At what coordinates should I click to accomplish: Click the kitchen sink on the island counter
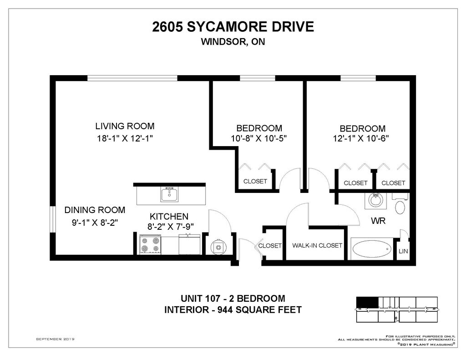click(170, 194)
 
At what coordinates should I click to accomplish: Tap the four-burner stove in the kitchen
click(150, 244)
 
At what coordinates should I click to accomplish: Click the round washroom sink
click(375, 201)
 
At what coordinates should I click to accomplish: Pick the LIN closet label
click(403, 251)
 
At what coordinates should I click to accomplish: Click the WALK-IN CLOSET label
click(317, 246)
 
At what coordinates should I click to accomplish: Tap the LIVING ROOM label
click(125, 126)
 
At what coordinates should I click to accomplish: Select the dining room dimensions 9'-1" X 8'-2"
click(95, 223)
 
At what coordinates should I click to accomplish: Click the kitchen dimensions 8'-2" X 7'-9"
click(171, 227)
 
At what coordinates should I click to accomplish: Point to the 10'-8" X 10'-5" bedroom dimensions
click(259, 138)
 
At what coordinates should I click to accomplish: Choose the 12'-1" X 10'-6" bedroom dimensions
click(361, 138)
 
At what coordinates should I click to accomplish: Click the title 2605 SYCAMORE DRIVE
click(233, 27)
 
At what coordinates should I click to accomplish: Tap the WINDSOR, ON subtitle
click(233, 41)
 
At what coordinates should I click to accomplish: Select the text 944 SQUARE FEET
click(260, 310)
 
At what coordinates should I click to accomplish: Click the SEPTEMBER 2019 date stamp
click(55, 339)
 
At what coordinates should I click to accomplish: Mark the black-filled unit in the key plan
click(367, 302)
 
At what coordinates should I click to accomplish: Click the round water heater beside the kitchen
click(218, 246)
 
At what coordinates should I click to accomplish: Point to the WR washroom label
click(378, 221)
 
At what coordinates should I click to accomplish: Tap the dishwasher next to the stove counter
click(190, 244)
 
